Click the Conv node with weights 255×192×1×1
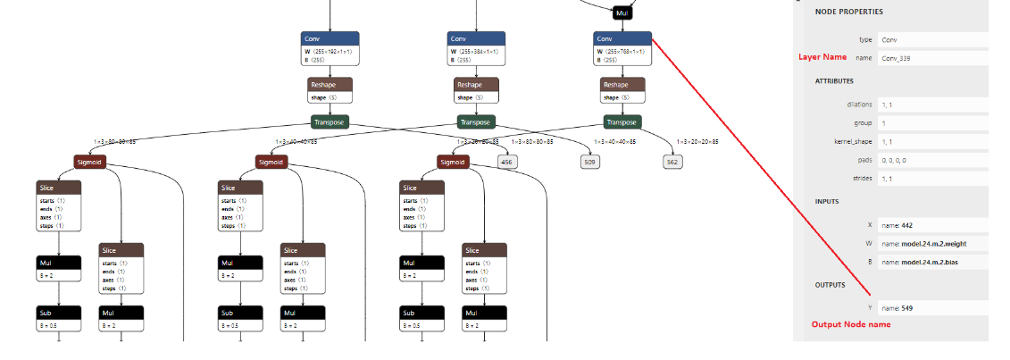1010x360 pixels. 330,48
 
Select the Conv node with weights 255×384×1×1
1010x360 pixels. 476,48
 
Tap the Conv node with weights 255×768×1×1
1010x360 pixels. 622,48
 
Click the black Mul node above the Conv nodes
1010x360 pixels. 622,13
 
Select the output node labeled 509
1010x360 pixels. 589,162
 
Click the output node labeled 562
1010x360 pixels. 672,162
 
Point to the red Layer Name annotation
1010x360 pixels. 822,57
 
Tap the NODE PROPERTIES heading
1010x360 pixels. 848,12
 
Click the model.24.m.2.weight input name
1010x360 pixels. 923,243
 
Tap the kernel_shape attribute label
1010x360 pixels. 853,141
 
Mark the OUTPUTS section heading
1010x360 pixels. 831,285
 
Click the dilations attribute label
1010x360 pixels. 859,105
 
